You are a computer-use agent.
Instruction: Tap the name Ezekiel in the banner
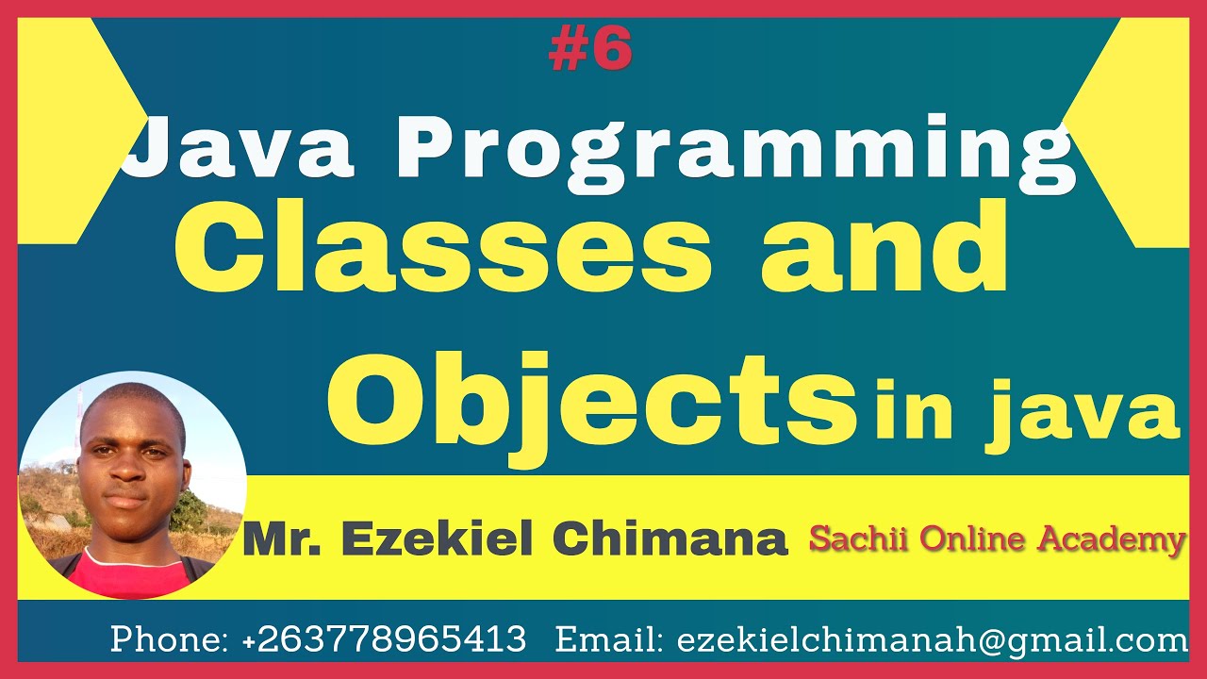[x=441, y=538]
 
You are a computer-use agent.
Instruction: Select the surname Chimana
[x=669, y=538]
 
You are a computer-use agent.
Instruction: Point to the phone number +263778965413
[x=384, y=639]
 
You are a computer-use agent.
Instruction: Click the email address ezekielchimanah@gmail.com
[x=932, y=640]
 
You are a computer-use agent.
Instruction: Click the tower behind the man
[x=79, y=415]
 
